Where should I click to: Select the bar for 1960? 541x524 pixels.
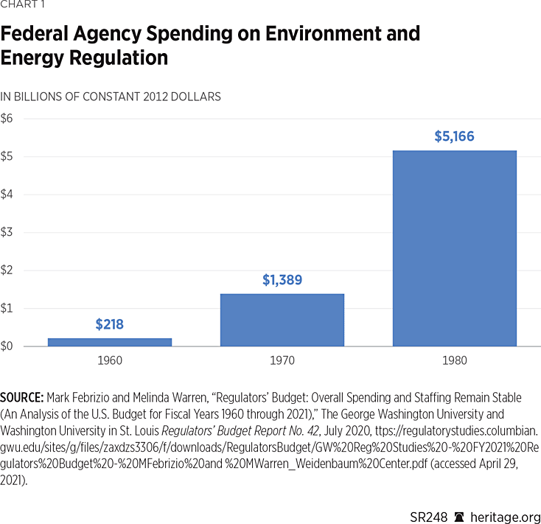coord(110,342)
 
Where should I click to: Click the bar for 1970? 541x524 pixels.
coord(282,320)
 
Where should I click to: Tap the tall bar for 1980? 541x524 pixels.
coord(454,248)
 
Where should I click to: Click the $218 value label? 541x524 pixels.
coord(110,324)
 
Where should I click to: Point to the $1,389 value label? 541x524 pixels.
coord(282,280)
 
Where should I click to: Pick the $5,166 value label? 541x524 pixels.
coord(454,136)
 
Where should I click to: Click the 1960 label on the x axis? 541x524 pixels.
coord(110,361)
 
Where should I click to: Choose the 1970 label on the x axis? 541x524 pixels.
coord(282,361)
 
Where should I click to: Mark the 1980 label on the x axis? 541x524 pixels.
coord(454,361)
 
